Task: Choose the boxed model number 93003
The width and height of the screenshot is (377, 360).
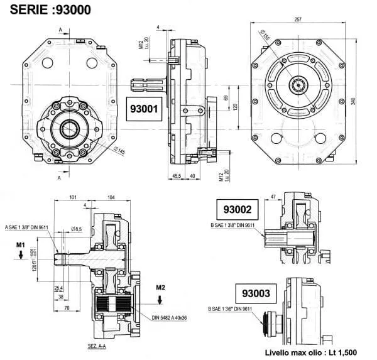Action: point(254,293)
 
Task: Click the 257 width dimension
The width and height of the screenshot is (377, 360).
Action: point(297,19)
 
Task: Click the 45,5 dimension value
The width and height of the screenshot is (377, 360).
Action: point(178,177)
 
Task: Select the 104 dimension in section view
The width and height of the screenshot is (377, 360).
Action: point(111,197)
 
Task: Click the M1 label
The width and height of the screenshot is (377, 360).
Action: point(21,244)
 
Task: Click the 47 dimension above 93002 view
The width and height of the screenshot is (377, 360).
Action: point(272,197)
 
